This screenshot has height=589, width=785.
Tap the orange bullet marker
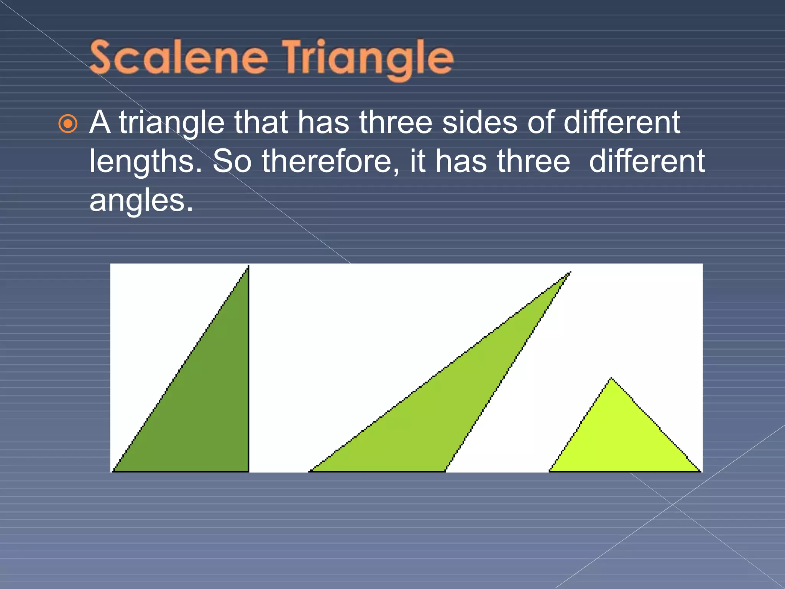pyautogui.click(x=68, y=124)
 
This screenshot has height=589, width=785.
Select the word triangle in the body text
pyautogui.click(x=172, y=123)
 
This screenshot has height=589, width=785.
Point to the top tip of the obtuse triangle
pyautogui.click(x=569, y=273)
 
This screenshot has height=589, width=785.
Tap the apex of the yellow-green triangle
pyautogui.click(x=611, y=379)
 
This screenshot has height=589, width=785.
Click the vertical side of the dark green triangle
pyautogui.click(x=248, y=368)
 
